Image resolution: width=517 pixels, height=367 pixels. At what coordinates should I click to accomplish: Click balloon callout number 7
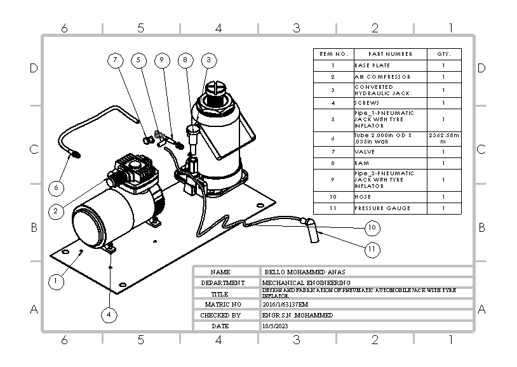tap(115, 60)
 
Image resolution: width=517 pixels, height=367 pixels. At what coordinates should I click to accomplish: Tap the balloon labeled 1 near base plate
tap(57, 280)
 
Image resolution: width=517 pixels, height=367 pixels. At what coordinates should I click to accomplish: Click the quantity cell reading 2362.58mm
tap(443, 138)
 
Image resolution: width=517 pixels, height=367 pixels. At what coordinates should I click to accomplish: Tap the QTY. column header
tap(443, 54)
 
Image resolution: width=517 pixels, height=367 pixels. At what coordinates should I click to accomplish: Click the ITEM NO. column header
tap(332, 54)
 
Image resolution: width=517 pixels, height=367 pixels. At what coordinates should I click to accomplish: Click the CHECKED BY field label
tap(220, 315)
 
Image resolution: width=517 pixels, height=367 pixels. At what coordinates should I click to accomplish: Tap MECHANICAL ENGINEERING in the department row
tap(305, 282)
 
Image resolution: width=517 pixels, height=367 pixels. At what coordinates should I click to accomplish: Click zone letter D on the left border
tap(34, 69)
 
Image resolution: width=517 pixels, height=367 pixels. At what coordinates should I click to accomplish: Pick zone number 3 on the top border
tap(296, 28)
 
